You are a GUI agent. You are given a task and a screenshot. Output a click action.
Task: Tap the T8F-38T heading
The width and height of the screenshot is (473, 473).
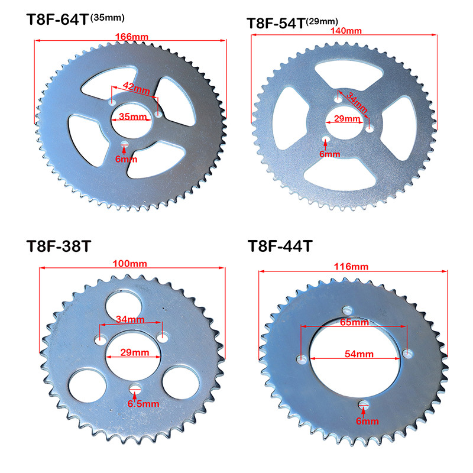click(59, 246)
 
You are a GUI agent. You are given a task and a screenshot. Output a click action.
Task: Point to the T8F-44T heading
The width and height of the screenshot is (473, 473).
click(280, 246)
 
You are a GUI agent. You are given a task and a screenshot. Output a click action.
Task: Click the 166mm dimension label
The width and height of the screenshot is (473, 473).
click(132, 37)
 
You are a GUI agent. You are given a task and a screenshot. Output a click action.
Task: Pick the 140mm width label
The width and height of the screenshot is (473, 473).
click(346, 31)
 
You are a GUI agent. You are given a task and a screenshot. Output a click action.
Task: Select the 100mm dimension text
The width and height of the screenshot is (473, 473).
click(129, 264)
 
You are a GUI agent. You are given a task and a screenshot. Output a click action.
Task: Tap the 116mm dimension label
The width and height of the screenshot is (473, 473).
click(351, 267)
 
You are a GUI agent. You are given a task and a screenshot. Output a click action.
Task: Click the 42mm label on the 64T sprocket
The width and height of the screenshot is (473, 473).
click(137, 88)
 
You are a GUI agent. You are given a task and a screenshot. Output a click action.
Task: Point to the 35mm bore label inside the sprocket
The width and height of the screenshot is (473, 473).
click(132, 116)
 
